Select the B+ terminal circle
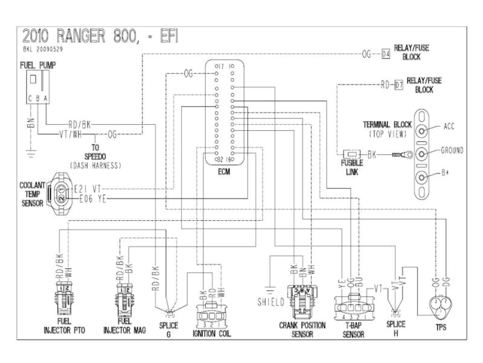click(423, 176)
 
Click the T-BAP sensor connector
click(352, 307)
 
